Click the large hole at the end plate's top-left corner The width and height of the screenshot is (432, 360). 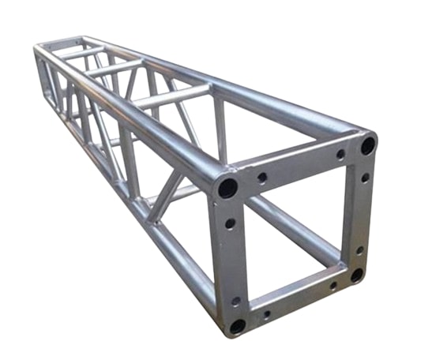coord(228,188)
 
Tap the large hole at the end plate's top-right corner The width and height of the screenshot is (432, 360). coord(368,145)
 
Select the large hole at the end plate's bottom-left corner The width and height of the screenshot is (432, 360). coord(237,325)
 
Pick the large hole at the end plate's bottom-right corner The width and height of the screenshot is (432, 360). coord(357,275)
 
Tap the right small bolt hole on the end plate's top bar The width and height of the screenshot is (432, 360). coord(340,155)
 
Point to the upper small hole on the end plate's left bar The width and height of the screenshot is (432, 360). coord(230,223)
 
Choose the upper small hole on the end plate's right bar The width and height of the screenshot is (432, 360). coord(365,178)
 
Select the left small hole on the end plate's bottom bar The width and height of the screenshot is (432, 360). coord(266,313)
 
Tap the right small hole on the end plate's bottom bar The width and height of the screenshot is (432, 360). coord(332,286)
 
